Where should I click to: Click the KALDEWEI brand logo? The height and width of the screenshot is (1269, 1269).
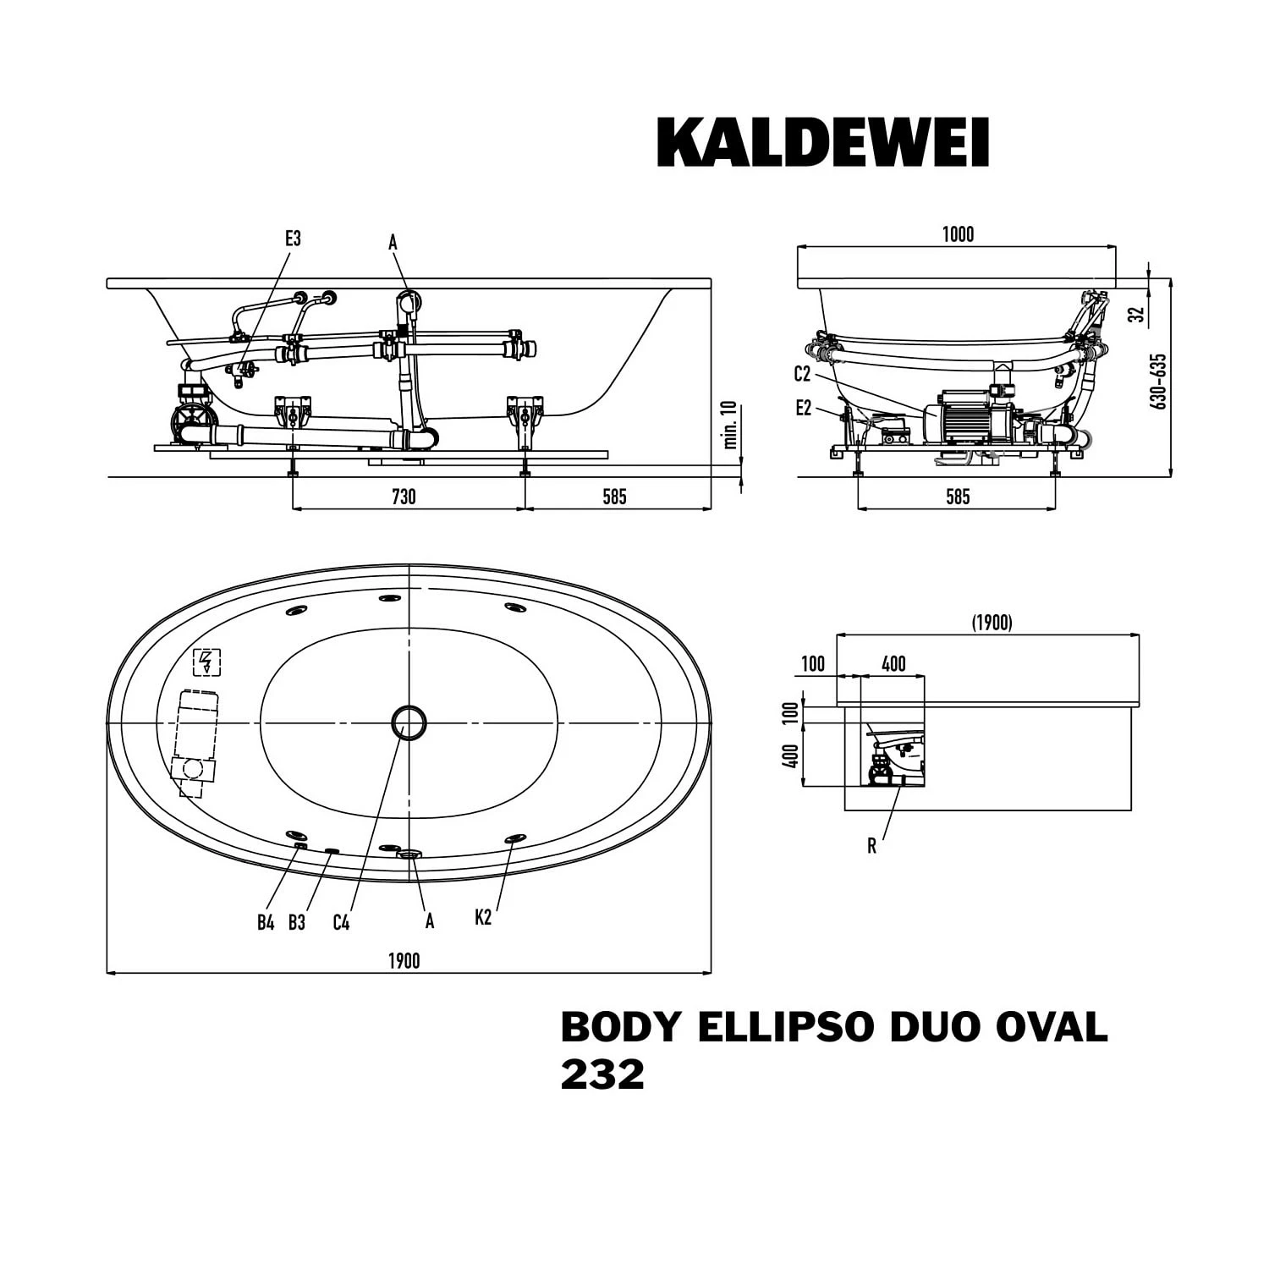point(822,142)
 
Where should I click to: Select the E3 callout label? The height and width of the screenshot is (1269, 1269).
point(293,239)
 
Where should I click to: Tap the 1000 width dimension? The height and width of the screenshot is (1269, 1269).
point(958,234)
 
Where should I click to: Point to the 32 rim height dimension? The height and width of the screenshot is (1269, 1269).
point(1138,313)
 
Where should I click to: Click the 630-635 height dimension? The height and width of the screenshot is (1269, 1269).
point(1159,381)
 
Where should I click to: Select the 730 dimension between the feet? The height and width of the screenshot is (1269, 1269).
point(404,496)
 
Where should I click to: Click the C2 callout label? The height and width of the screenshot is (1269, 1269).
point(802,374)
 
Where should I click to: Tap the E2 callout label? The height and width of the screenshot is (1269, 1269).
point(803,409)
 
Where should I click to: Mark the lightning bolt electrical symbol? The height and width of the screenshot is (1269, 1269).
point(207,662)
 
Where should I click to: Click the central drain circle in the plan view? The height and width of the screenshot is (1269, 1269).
point(409,722)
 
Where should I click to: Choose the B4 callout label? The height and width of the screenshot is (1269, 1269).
point(266,922)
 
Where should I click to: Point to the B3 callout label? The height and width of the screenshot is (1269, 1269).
point(296,922)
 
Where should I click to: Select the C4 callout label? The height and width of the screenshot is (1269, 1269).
point(341,922)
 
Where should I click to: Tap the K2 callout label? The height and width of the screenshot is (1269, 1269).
point(483,917)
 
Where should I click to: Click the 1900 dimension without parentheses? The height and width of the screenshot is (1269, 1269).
point(404,960)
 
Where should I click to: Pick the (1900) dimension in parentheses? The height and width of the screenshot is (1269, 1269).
point(992,623)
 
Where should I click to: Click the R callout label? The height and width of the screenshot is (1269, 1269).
point(871,846)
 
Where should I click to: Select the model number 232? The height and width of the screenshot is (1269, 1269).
point(602,1075)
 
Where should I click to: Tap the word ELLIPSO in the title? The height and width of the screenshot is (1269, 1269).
point(784,1027)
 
